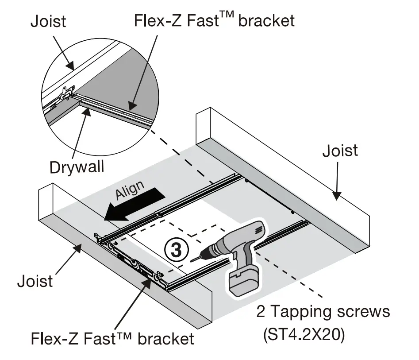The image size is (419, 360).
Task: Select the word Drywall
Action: click(x=77, y=167)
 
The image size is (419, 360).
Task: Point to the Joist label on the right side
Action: click(x=340, y=151)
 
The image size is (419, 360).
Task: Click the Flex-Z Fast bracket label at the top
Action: click(x=214, y=20)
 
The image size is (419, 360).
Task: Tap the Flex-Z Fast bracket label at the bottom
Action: click(x=112, y=339)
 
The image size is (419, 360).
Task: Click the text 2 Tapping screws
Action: click(x=323, y=312)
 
